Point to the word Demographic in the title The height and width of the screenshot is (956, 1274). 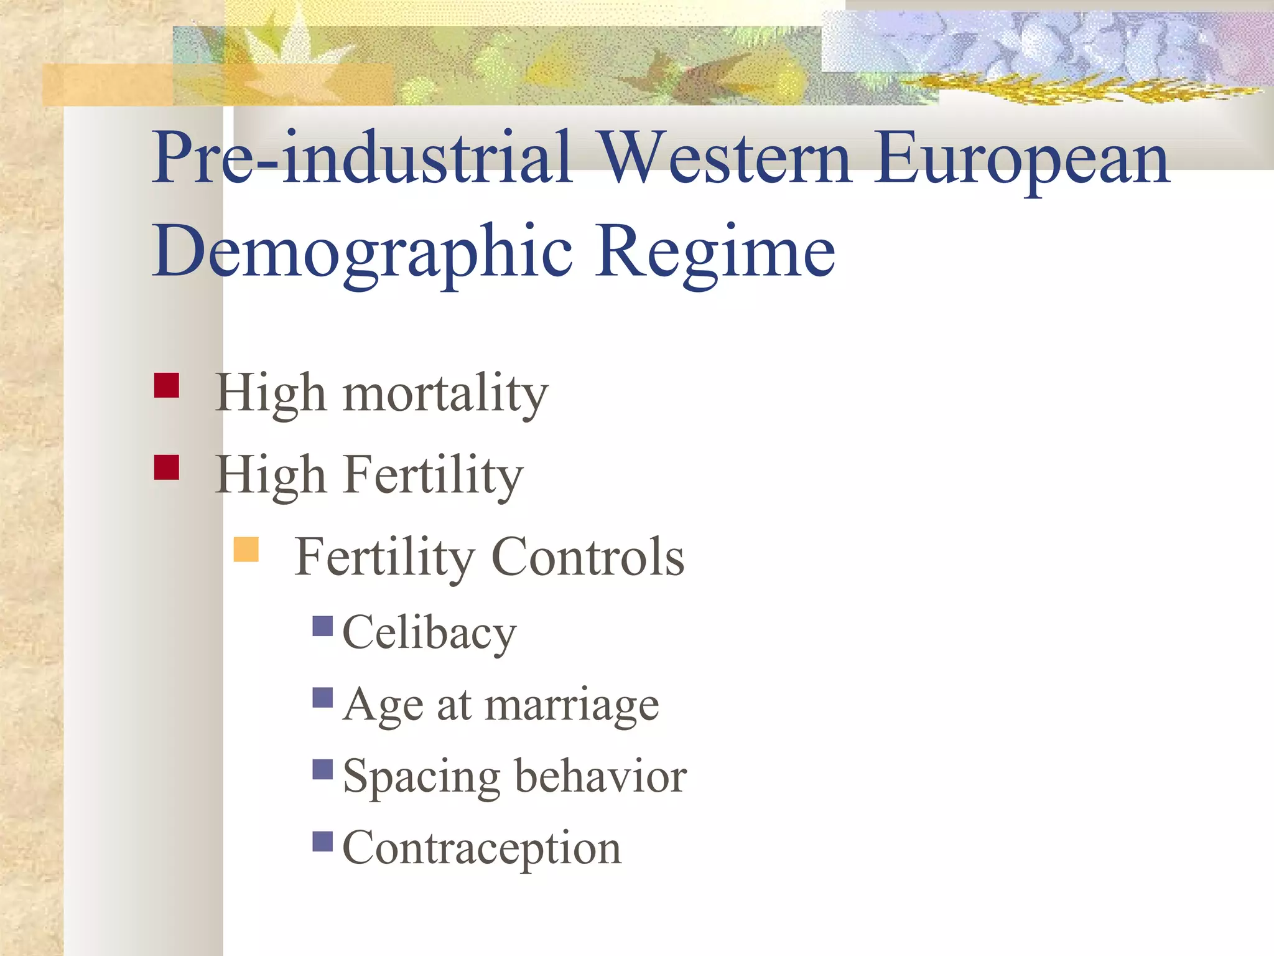click(362, 253)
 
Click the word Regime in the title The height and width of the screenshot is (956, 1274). click(715, 253)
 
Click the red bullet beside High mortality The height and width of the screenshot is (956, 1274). click(166, 385)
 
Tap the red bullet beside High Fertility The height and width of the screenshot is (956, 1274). click(166, 467)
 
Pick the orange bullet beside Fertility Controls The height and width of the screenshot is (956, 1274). click(246, 550)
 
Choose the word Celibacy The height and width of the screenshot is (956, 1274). click(429, 633)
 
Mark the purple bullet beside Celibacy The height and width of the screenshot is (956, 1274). click(323, 626)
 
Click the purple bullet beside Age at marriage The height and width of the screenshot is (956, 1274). click(323, 698)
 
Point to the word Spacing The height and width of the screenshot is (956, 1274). click(421, 778)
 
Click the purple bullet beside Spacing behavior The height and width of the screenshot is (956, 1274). click(323, 769)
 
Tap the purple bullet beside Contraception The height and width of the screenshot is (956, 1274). click(323, 841)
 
